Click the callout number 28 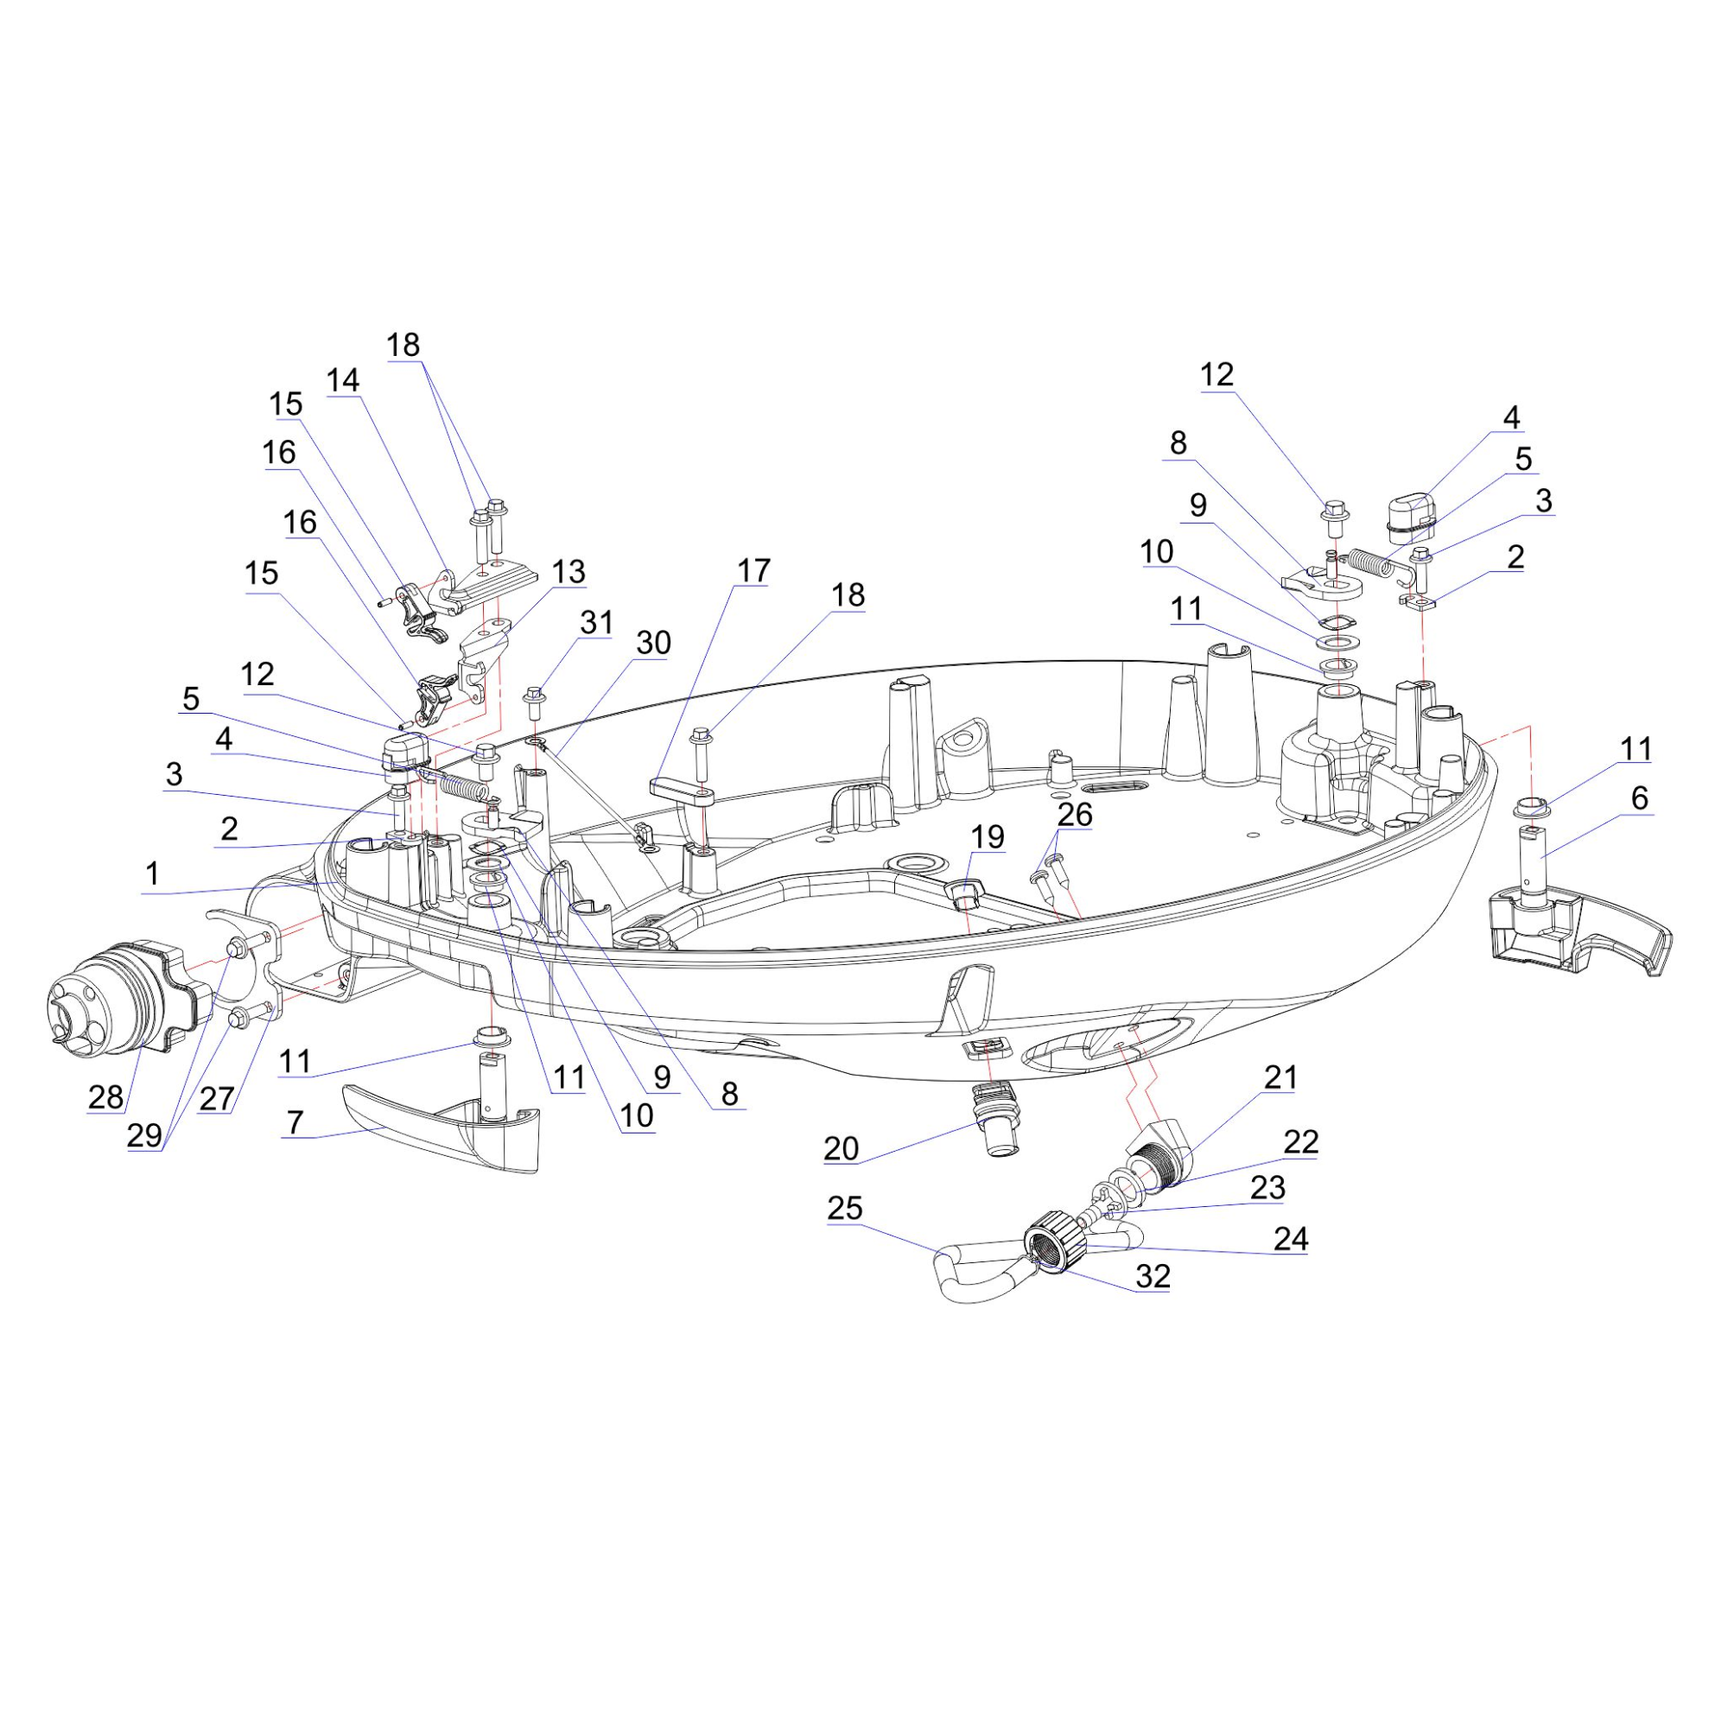[105, 1096]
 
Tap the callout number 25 [845, 1209]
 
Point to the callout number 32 [1153, 1276]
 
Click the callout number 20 [841, 1148]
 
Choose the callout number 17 [753, 569]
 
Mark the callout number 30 [653, 642]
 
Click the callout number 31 [596, 621]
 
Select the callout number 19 [988, 837]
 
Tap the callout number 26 [1074, 814]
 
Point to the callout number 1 [152, 873]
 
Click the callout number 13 [568, 570]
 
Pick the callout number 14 [342, 380]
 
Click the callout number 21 [1280, 1077]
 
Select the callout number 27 [217, 1098]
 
